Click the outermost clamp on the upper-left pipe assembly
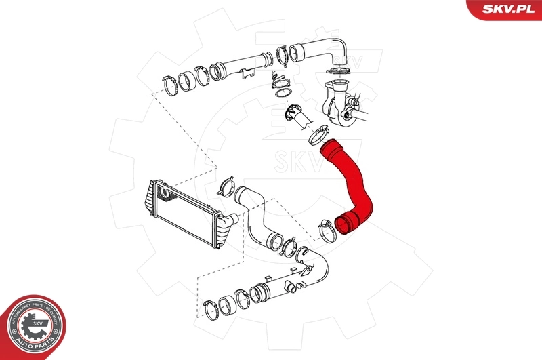tap(171, 87)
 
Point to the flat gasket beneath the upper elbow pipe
tap(338, 73)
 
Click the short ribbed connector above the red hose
tap(295, 115)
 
